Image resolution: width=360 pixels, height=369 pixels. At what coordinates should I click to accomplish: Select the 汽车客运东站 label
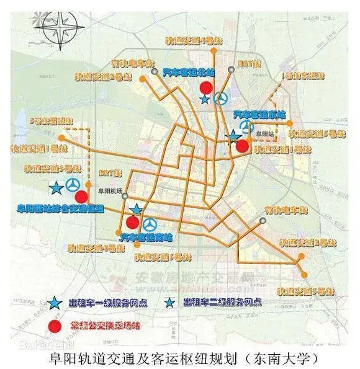pos(259,115)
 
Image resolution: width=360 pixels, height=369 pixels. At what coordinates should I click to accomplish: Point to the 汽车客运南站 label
pos(146,237)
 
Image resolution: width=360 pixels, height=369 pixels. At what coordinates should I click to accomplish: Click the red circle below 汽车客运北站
pos(206,87)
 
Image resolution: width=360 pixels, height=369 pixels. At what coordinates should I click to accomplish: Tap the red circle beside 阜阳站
pos(242,146)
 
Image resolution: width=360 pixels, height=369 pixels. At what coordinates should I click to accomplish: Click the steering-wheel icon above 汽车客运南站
pos(150,224)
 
